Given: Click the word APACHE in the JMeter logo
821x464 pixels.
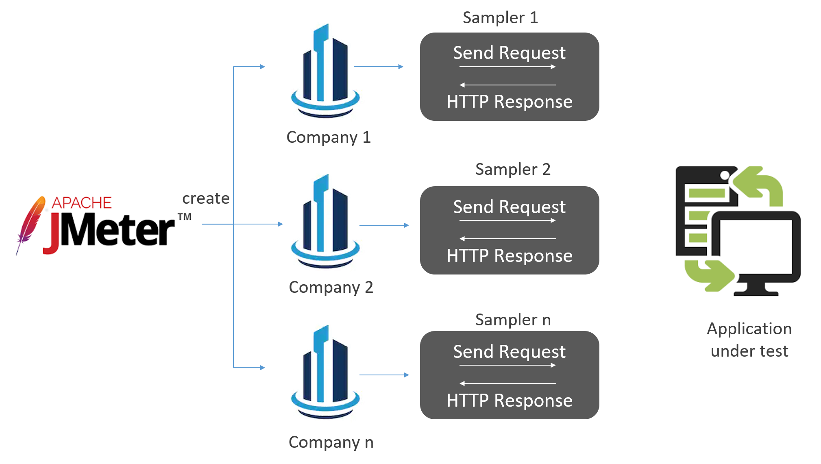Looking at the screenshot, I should [x=81, y=203].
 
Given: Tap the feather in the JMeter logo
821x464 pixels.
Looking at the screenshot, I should [x=31, y=224].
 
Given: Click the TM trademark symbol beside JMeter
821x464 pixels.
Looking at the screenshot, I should [x=184, y=217].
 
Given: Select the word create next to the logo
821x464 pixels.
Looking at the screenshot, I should [x=206, y=198].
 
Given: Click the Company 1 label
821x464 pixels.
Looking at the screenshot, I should [x=329, y=137].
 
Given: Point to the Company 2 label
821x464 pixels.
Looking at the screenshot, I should [x=331, y=288].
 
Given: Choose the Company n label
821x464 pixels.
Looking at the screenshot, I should [x=331, y=442].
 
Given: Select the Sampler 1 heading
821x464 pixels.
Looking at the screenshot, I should [x=500, y=17].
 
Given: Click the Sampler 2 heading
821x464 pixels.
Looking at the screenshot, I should [x=512, y=169].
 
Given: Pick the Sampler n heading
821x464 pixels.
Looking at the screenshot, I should [x=512, y=320].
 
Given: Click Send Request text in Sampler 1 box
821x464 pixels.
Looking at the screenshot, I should [x=509, y=53].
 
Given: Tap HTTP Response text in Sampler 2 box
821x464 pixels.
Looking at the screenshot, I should [x=509, y=256].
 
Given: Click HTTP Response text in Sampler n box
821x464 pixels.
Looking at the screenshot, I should [x=509, y=401].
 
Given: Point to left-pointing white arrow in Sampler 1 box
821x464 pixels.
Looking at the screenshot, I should [x=507, y=85].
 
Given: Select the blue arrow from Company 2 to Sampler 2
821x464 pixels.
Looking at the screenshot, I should [x=384, y=225].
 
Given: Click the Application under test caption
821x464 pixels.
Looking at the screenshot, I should [x=749, y=340].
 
